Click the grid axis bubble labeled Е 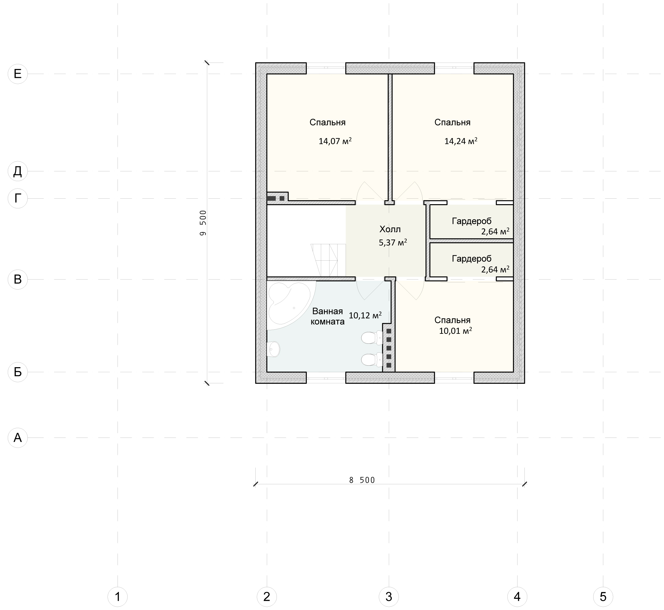coord(18,74)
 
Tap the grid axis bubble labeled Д coord(18,171)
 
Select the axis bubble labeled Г coord(18,198)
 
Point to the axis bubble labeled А coord(18,438)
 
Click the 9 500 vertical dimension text coord(203,223)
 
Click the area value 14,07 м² coord(335,141)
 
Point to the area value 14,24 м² coord(461,141)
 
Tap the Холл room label coord(390,229)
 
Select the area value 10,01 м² coord(455,331)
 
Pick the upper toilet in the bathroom coord(372,338)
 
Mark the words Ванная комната coord(328,317)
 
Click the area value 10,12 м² coord(365,315)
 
